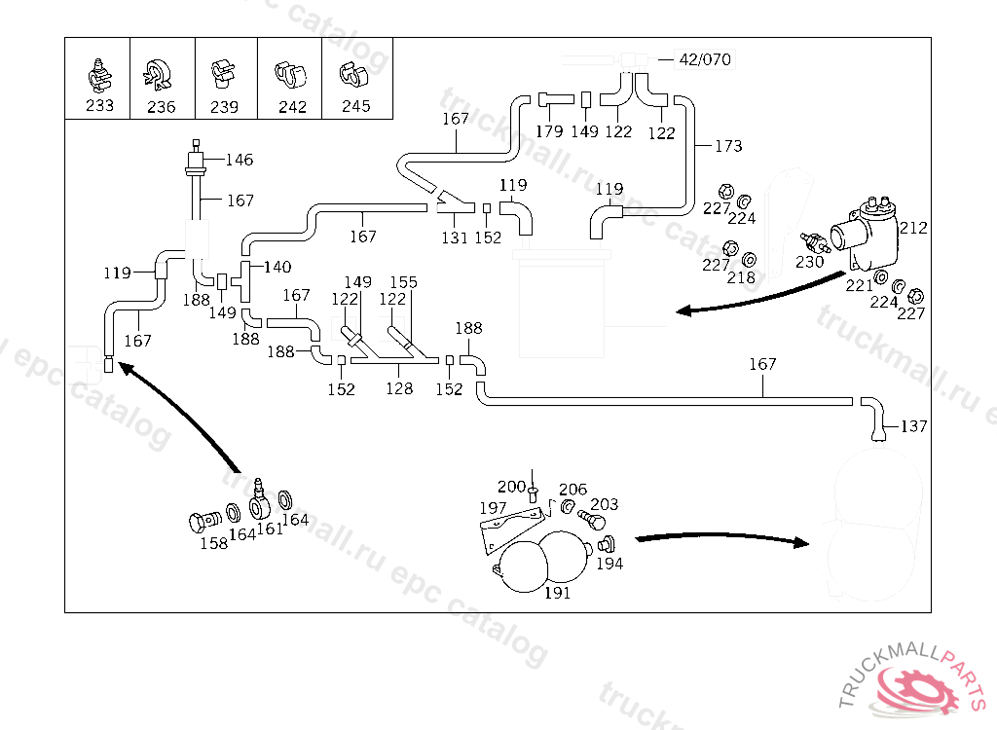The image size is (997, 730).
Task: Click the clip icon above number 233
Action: (x=97, y=71)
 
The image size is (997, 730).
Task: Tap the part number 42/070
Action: (x=704, y=59)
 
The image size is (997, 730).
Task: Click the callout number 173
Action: (x=728, y=146)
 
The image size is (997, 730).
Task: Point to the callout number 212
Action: (x=913, y=229)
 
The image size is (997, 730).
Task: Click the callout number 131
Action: (x=455, y=237)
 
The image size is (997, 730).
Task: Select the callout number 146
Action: (x=240, y=160)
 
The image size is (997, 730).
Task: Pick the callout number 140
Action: (x=277, y=267)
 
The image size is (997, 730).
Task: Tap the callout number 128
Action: (x=399, y=389)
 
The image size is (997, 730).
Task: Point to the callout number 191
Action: (x=557, y=593)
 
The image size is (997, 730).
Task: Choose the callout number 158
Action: (x=213, y=543)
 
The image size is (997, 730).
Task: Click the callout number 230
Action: (x=809, y=262)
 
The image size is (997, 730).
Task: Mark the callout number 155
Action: (x=403, y=282)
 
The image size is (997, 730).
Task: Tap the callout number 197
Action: (x=493, y=508)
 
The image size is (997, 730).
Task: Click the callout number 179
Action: (x=549, y=131)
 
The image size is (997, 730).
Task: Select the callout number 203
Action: (x=605, y=504)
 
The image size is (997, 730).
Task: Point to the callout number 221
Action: (x=859, y=285)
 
